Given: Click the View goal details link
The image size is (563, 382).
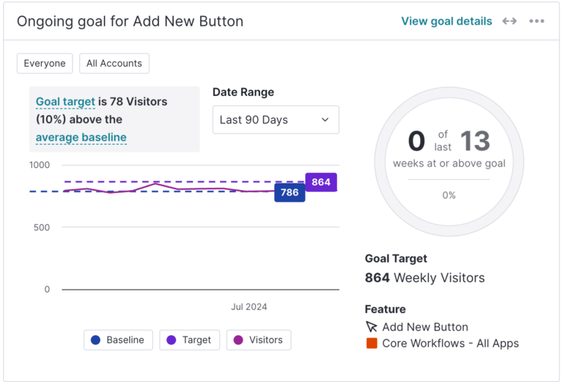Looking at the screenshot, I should point(446,21).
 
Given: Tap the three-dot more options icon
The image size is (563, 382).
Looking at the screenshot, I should point(537,21).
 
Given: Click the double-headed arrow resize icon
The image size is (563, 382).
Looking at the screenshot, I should point(509,21).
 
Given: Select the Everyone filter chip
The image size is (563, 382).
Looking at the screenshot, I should point(45,64).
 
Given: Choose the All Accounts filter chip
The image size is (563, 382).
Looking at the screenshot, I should point(114,64).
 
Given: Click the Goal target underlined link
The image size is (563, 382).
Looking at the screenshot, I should point(65,102).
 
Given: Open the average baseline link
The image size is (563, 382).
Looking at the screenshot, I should point(81,137).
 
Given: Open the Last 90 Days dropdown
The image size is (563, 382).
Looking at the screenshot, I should point(276,120).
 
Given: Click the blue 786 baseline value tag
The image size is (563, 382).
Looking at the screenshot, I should point(290,193).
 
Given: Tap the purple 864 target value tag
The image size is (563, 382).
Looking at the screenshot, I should point(320,182).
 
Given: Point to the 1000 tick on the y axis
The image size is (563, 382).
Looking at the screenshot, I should point(40,165).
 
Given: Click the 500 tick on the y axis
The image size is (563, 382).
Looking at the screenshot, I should point(42,227).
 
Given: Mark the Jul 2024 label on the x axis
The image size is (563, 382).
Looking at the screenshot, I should point(249,306).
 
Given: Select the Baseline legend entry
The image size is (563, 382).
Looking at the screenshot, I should point(118,340).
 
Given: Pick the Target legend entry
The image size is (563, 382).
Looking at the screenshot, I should point(189,340).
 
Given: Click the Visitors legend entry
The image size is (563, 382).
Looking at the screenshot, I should point(259,340).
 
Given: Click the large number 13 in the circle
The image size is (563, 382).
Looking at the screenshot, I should point(474,141).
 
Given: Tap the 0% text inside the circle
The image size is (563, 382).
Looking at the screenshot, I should point(449,195).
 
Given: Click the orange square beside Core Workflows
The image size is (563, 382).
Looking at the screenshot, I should point(372,343).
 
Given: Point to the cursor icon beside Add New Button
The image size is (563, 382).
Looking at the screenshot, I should point(372,327).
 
